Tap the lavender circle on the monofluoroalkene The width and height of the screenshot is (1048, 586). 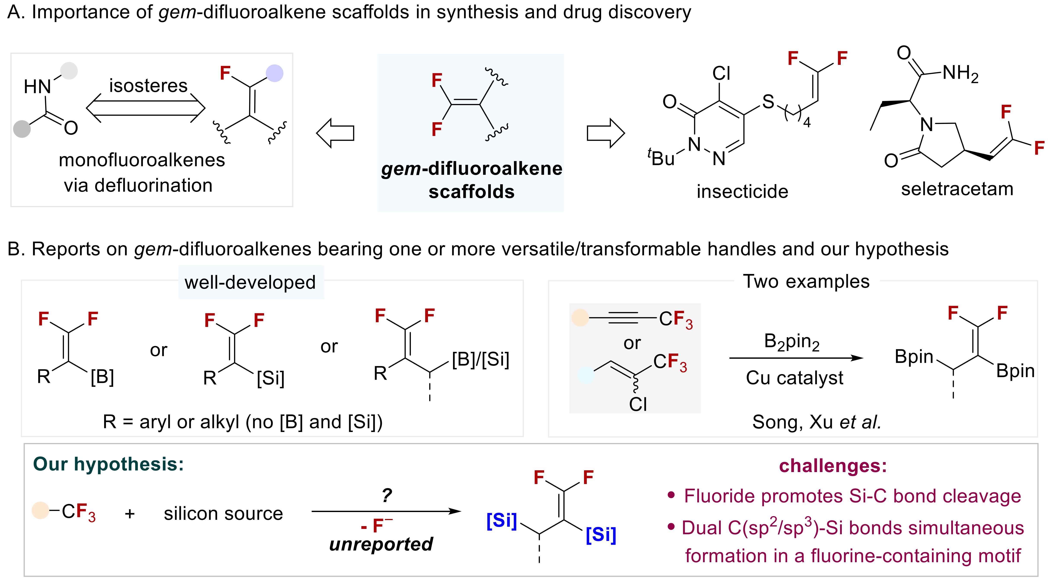(x=275, y=73)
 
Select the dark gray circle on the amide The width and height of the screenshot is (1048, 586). (x=22, y=129)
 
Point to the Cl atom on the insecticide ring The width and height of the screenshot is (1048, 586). (x=721, y=74)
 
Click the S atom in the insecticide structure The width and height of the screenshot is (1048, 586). (x=768, y=102)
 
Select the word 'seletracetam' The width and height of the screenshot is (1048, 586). (x=957, y=189)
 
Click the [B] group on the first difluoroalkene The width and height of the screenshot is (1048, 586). (x=102, y=377)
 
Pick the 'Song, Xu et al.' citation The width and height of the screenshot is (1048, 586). (x=816, y=422)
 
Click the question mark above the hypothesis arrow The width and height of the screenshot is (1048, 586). (x=386, y=495)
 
